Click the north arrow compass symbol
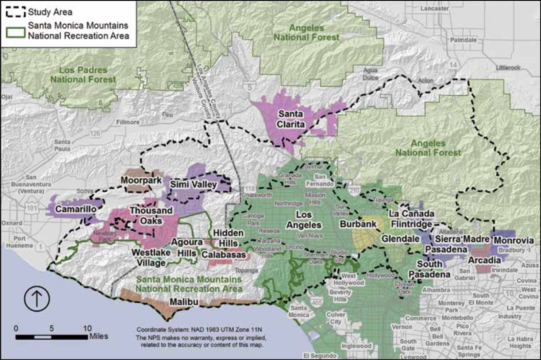coord(37,298)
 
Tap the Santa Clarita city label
coord(290,119)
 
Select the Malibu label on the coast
coord(184,302)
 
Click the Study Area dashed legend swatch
coord(16,12)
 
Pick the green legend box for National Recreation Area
coord(16,32)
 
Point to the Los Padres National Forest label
coord(83,75)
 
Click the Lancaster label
coord(434,8)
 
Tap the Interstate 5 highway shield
coord(250,88)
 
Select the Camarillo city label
coord(76,209)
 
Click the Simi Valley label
coord(193,185)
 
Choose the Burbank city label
coord(358,224)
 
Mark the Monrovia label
coord(514,241)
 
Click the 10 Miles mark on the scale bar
coord(88,329)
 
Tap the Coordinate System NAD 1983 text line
coord(199,330)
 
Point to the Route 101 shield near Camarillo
coord(31,208)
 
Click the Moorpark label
coord(141,180)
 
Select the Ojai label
coord(7,97)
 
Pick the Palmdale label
coord(463,40)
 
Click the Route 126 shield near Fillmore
coord(95,133)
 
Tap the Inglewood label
coord(356,346)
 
